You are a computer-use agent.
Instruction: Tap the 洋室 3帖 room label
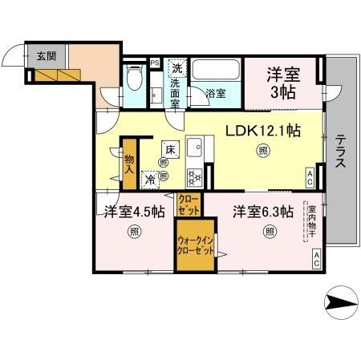click(x=284, y=80)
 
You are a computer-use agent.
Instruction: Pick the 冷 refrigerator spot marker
click(x=149, y=180)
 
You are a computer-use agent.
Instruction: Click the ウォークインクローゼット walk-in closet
click(x=195, y=244)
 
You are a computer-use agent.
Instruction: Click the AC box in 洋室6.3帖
click(x=316, y=258)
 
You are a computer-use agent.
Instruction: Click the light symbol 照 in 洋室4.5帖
click(x=134, y=233)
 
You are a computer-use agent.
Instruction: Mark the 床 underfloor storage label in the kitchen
click(x=170, y=149)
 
